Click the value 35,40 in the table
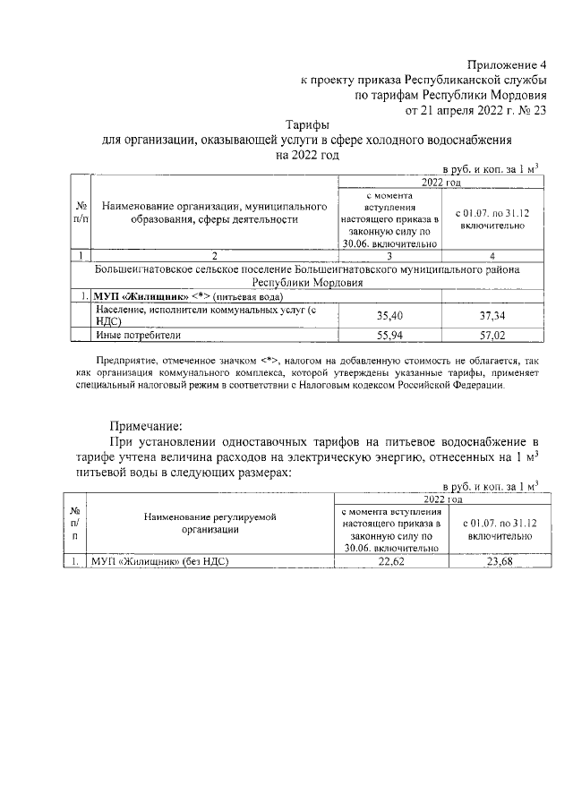[x=391, y=315]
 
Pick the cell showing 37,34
[x=493, y=315]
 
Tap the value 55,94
[x=391, y=335]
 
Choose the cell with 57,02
[x=493, y=335]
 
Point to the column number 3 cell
[x=391, y=256]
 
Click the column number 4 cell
[x=493, y=256]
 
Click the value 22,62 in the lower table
[x=391, y=561]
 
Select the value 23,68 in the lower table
[x=493, y=561]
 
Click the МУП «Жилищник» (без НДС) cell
[x=157, y=561]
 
